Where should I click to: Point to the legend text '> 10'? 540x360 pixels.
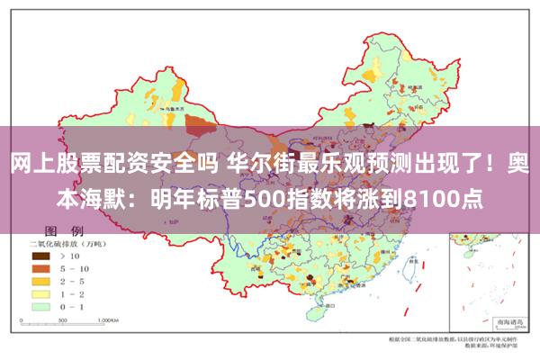pos(71,256)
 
